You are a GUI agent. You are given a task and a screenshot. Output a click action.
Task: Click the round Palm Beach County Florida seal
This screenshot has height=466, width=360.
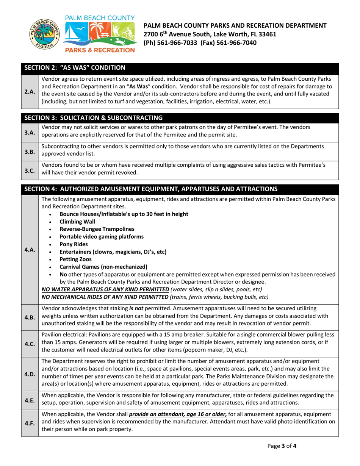(x=44, y=33)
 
